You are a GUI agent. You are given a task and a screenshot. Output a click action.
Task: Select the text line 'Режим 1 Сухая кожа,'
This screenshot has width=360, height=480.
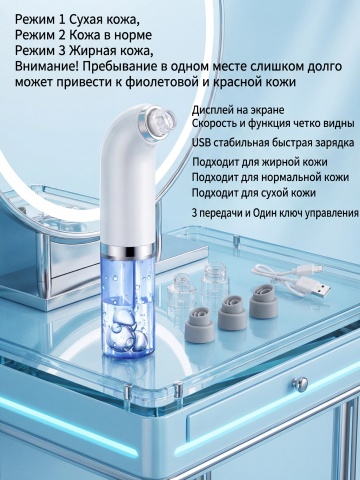point(77,20)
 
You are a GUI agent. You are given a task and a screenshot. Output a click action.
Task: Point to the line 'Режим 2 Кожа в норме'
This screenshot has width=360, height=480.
point(83,35)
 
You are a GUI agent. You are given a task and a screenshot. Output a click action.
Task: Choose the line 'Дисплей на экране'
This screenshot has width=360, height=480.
point(238,110)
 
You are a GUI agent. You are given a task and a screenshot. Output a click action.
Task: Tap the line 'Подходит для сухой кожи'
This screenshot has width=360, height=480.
point(254,193)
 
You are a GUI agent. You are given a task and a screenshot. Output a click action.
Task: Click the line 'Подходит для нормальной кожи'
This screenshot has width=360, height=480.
point(270,177)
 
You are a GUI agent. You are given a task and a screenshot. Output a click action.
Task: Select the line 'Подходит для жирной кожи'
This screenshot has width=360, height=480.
point(260,162)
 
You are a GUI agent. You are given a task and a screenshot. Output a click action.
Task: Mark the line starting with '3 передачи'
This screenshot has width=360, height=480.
point(275,213)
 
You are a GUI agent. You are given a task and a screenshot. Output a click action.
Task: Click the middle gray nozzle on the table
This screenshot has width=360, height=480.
point(232,308)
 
